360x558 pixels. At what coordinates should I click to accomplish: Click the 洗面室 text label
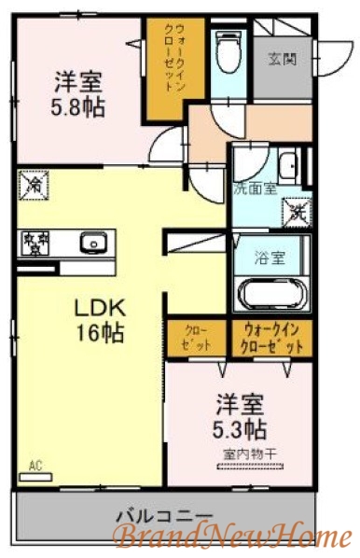click(x=255, y=188)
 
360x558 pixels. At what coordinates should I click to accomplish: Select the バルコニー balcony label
click(x=164, y=516)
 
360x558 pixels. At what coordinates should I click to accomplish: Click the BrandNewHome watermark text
click(x=232, y=536)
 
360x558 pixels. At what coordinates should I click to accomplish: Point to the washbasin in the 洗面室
click(x=289, y=169)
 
